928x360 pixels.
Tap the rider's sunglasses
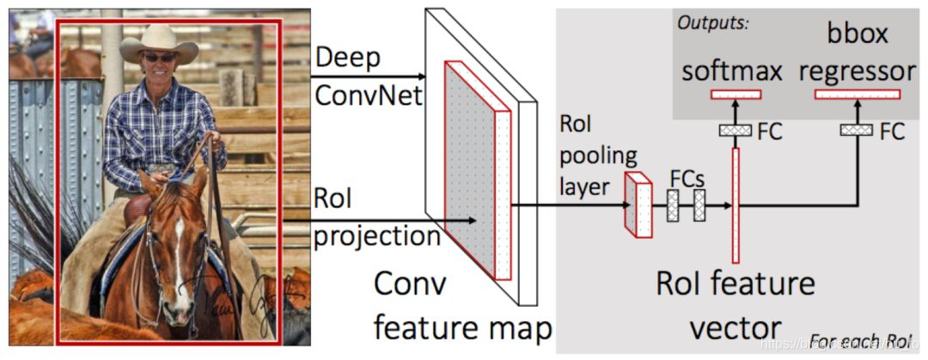coord(159,58)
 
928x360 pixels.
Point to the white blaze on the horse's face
coord(179,249)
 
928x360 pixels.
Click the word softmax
coord(732,70)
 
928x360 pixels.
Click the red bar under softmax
coord(736,94)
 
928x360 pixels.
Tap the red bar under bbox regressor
coord(857,94)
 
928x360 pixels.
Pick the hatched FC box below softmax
coord(736,130)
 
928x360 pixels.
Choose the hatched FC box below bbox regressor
coord(857,130)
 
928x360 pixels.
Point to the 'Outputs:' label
coord(713,22)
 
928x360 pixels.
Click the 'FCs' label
coord(687,179)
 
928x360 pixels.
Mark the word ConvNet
coord(369,95)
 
